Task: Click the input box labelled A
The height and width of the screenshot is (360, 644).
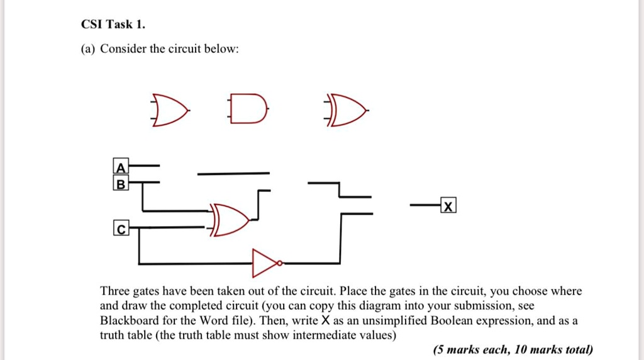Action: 121,166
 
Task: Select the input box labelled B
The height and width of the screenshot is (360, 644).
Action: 121,183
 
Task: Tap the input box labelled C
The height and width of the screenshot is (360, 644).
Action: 121,228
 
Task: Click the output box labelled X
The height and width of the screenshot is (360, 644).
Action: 448,205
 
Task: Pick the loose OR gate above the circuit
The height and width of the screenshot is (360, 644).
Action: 170,110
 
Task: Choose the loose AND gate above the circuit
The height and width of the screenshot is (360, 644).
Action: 248,108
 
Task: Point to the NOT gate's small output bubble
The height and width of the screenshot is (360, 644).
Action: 280,263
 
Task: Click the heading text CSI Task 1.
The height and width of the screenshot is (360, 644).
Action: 113,25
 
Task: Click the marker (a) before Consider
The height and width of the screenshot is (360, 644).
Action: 88,49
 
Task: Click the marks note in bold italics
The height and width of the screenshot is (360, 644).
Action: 513,349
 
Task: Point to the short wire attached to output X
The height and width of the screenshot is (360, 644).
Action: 425,205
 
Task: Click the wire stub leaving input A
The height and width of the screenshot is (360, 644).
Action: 144,166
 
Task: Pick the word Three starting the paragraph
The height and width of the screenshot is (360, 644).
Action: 115,291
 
